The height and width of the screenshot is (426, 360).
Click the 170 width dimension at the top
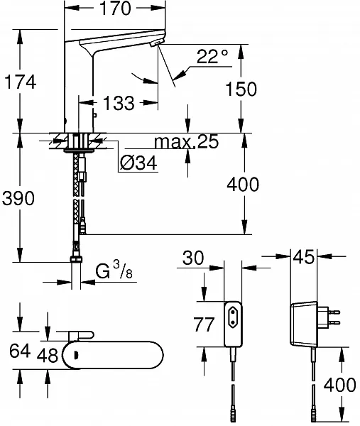115,9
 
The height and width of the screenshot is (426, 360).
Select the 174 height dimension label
21,82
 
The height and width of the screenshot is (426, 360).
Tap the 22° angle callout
212,56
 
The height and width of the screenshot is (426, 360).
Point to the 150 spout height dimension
241,89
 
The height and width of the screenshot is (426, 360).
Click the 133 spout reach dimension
119,103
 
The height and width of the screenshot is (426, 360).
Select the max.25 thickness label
186,141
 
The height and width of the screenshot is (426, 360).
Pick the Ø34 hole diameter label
138,163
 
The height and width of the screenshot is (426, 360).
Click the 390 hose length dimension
18,198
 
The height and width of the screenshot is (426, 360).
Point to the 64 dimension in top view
20,351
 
